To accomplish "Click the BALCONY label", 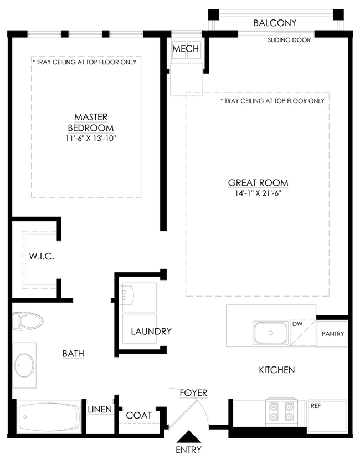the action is (x=275, y=23).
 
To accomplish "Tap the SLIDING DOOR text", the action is (x=289, y=40).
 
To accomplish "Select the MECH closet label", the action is (x=186, y=49).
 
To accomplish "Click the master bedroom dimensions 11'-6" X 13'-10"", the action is (x=91, y=138).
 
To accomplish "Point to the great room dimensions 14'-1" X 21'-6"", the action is (x=258, y=193).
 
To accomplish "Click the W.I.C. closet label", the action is (x=42, y=256).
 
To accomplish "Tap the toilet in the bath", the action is (x=28, y=320).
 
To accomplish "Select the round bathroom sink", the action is (x=24, y=365).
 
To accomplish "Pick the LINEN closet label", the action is (x=100, y=410).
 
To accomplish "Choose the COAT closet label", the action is (x=138, y=415).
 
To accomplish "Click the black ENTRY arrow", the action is (x=188, y=436).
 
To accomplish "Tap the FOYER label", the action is (x=194, y=393).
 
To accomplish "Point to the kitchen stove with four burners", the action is (x=281, y=412).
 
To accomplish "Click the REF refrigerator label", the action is (x=316, y=406).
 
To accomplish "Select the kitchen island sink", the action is (x=270, y=333).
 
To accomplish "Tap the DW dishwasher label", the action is (x=297, y=324).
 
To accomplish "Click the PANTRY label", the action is (x=333, y=334).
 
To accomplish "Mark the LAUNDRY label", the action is (x=151, y=332).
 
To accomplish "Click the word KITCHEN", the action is (x=277, y=370).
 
